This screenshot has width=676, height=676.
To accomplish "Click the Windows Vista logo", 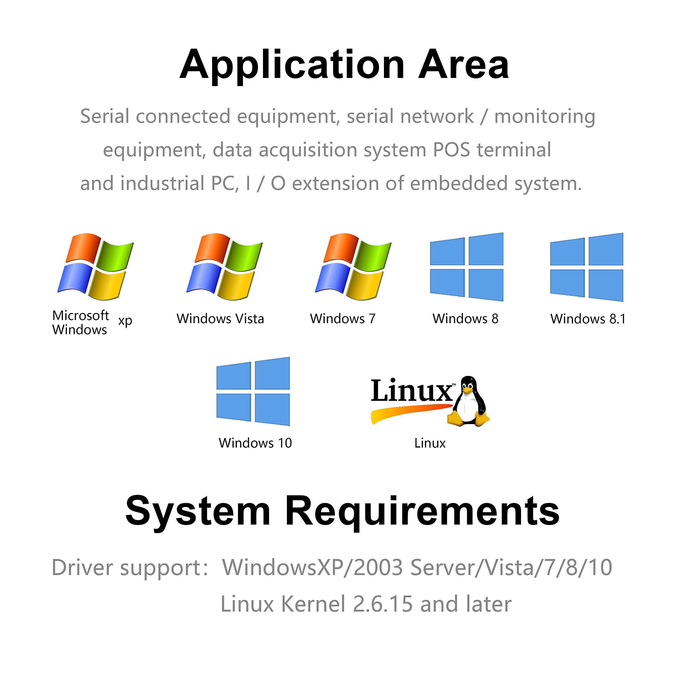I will coord(224,267).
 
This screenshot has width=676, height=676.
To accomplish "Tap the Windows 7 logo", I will coord(353,267).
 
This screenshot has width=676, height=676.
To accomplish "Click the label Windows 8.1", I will coord(588,319).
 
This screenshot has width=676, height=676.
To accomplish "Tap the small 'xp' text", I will coord(125,321).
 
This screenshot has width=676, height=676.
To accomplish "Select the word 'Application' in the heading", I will coord(292,65).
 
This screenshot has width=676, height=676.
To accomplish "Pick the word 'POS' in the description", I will coord(451,150).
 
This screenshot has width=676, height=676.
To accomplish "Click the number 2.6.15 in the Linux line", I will coord(383,604).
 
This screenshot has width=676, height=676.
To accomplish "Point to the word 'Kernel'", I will coord(313,604).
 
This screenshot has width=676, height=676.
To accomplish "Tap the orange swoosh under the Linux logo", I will coord(409,412).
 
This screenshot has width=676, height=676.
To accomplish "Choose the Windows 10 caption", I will coord(255,443).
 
